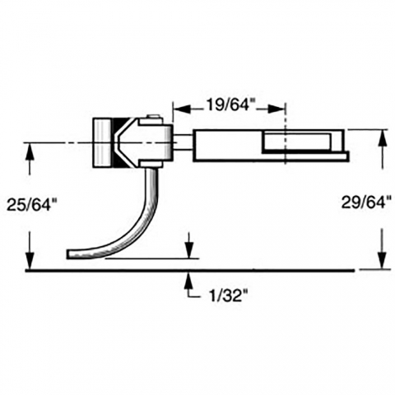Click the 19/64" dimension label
click(x=227, y=105)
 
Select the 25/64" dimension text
click(x=29, y=205)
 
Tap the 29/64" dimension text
click(x=366, y=202)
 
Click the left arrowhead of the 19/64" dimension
click(x=182, y=109)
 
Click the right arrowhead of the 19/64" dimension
click(x=276, y=109)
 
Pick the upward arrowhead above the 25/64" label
click(x=30, y=152)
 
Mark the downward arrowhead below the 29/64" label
click(x=383, y=260)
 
